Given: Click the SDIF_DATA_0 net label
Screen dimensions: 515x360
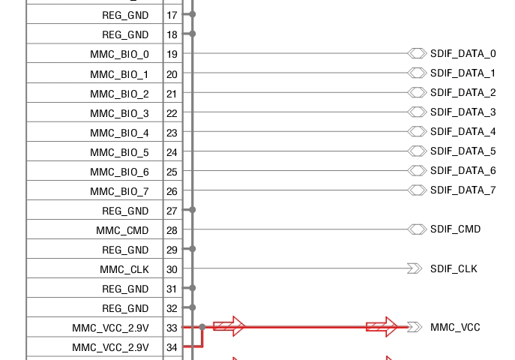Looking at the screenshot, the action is [x=463, y=53].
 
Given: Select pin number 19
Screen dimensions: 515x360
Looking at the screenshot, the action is [x=172, y=54].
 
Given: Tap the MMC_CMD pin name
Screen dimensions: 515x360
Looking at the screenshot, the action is [x=122, y=230].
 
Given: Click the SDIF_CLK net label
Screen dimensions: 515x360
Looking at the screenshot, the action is [x=454, y=268].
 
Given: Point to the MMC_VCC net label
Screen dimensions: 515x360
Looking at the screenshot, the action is [x=455, y=327].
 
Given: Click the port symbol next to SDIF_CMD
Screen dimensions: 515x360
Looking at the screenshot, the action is [x=417, y=229].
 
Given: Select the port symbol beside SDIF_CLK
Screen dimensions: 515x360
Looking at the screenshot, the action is [x=415, y=268].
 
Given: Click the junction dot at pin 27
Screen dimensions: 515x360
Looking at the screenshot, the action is [x=193, y=209].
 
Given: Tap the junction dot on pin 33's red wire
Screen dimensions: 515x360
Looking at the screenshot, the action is [x=202, y=327].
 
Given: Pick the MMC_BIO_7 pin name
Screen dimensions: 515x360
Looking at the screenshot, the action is [x=119, y=191].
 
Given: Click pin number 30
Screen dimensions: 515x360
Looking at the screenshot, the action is [x=172, y=269].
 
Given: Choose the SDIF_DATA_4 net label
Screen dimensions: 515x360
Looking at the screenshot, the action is [x=463, y=132].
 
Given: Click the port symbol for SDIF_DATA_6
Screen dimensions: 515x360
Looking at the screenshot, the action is [x=417, y=170].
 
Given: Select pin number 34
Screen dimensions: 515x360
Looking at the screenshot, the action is [x=172, y=347].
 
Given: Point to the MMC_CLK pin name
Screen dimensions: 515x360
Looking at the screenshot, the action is [x=124, y=269].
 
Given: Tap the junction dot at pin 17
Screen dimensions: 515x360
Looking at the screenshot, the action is [x=193, y=14].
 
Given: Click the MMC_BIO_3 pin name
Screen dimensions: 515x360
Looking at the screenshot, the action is [x=119, y=113].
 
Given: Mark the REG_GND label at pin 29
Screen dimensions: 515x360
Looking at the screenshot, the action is [x=125, y=250].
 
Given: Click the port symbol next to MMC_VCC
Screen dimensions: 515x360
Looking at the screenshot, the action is [x=415, y=327].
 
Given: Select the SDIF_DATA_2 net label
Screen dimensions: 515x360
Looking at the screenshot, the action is [x=463, y=93].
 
